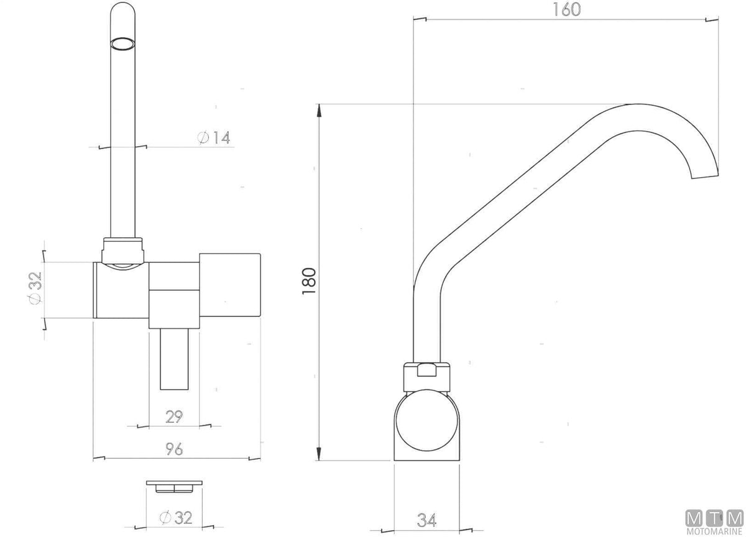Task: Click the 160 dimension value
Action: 566,10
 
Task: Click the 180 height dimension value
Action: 309,281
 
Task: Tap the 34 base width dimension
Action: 426,521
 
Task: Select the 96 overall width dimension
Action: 174,449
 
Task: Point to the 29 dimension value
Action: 174,416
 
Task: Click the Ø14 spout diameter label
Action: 213,138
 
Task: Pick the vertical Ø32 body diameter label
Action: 35,288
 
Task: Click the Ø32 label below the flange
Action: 176,518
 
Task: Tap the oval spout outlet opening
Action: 123,44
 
